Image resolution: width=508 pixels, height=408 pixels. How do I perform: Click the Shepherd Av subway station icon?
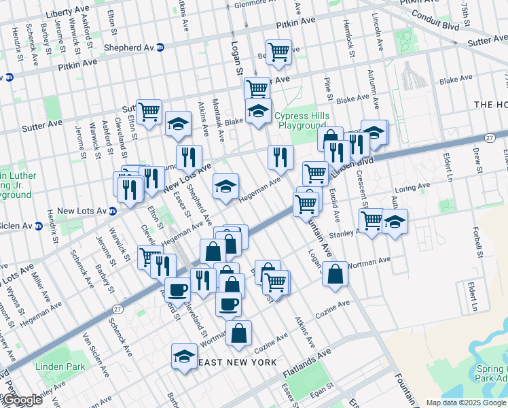click(x=160, y=48)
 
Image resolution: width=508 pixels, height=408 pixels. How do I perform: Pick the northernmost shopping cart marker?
click(x=278, y=52)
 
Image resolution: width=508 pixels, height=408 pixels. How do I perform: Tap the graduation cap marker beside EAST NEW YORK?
click(x=183, y=357)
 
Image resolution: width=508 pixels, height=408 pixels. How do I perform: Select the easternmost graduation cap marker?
click(x=395, y=222)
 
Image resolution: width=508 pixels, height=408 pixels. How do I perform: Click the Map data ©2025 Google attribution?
click(x=467, y=403)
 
